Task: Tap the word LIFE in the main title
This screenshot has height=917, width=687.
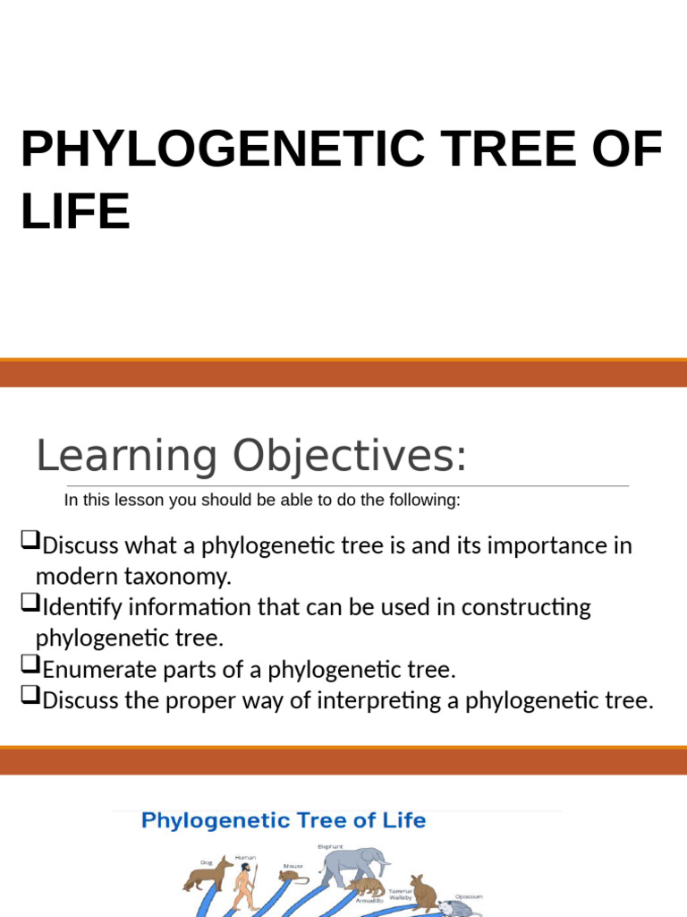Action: tap(75, 211)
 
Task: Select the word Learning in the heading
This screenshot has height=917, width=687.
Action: tap(126, 457)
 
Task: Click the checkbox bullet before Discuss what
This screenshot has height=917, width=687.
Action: tap(30, 541)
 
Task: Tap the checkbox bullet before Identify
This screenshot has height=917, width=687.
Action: tap(30, 604)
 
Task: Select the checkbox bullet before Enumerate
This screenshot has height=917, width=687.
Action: tap(30, 666)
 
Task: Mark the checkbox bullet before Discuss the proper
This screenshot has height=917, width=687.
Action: tap(30, 698)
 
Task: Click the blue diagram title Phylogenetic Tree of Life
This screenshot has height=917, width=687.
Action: tap(284, 820)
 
